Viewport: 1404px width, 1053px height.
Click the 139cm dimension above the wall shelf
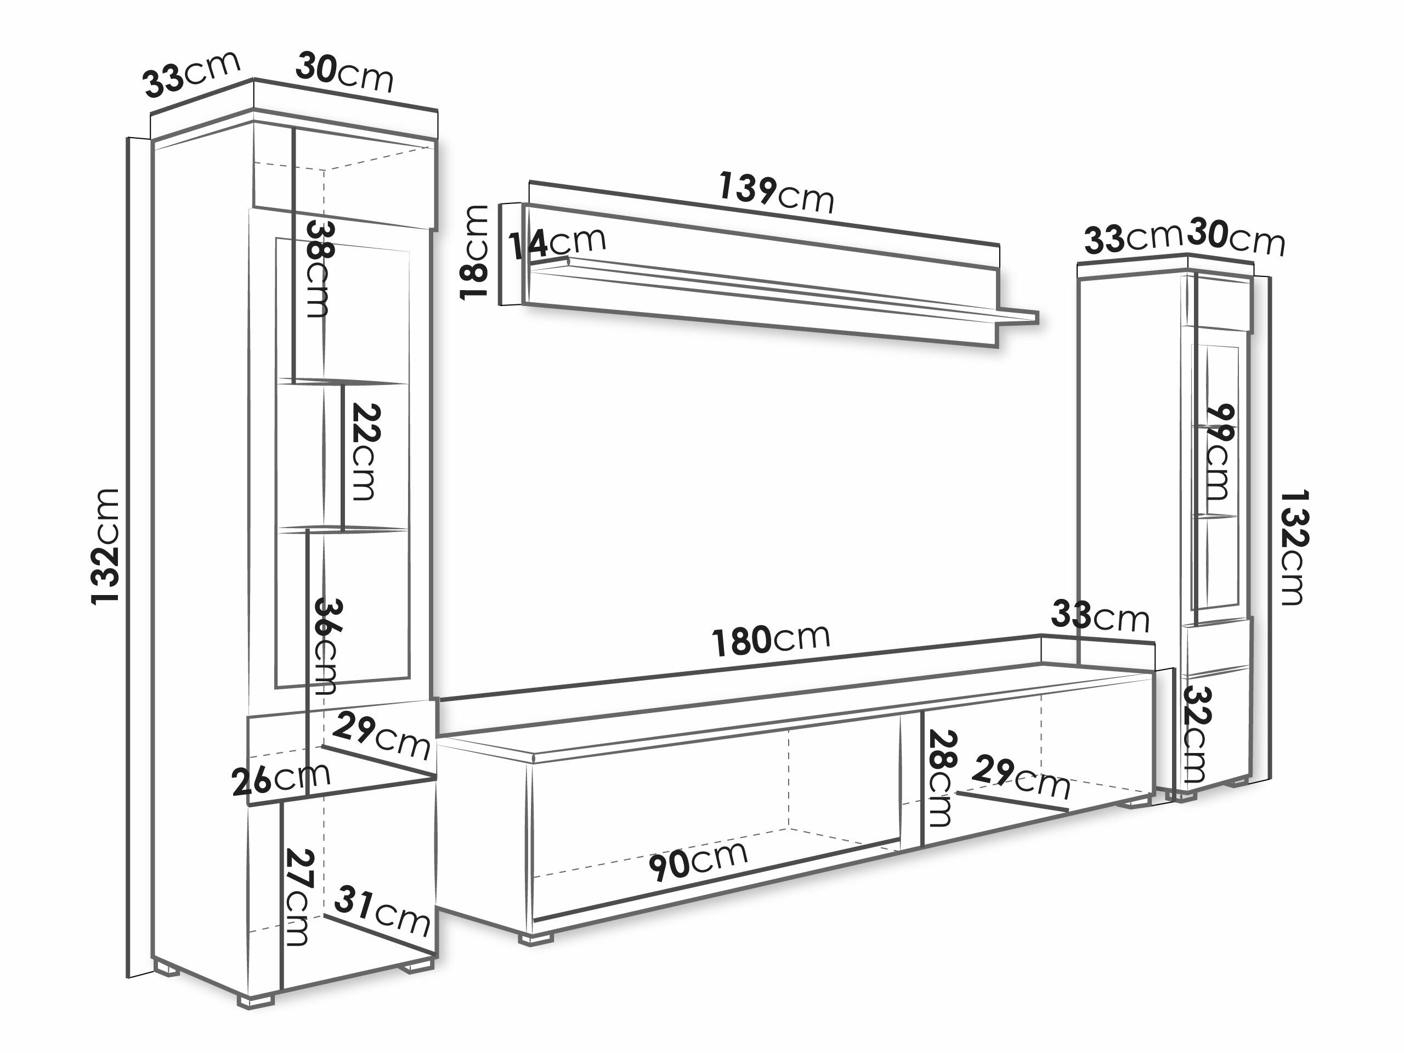[x=775, y=193]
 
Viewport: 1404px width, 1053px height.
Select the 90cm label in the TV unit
[x=698, y=860]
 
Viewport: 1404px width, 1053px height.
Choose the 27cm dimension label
[x=297, y=897]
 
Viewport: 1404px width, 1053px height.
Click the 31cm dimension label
[x=382, y=911]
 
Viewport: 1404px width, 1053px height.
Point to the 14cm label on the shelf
[x=557, y=242]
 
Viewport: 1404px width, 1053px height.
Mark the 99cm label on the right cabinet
[x=1218, y=452]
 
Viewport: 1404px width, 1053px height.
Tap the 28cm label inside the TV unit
[x=940, y=778]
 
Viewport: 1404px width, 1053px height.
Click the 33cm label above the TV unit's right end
[x=1100, y=616]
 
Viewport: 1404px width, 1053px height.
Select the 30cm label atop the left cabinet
[x=344, y=72]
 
